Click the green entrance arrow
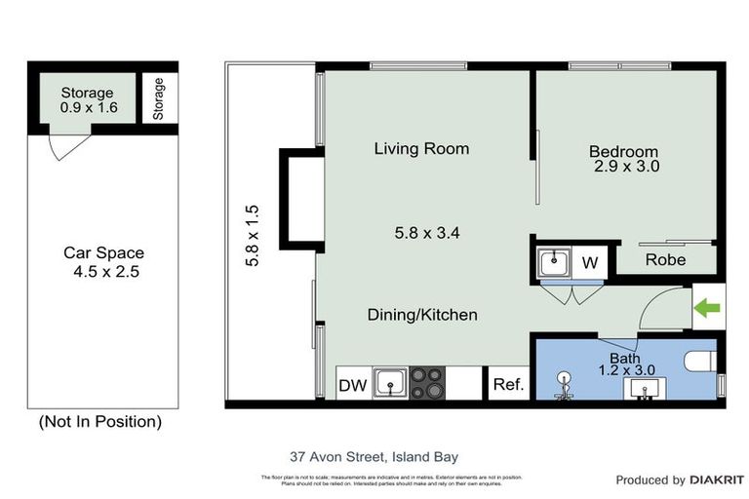pos(706,309)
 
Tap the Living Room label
pos(421,149)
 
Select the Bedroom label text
pos(623,152)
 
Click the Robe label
pos(666,260)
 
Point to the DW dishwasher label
pos(352,385)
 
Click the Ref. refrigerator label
pos(508,385)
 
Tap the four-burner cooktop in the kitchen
pos(426,382)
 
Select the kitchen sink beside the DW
pos(391,382)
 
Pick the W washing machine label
pos(590,263)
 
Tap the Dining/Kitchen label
pos(422,315)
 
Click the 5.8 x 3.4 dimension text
pos(426,233)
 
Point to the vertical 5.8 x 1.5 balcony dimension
pos(252,236)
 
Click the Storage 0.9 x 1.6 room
pos(88,100)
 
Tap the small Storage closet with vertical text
pos(159,97)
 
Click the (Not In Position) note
pos(99,422)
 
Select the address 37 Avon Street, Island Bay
pos(374,456)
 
